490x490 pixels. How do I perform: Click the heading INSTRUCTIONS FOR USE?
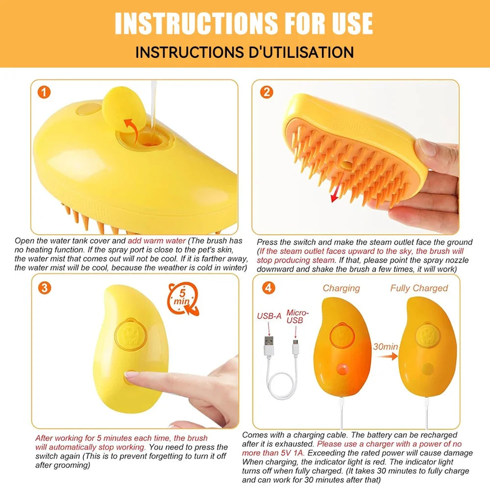click(x=244, y=23)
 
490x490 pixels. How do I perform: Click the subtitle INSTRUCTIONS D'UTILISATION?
click(x=244, y=52)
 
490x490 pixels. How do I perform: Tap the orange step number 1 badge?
click(x=44, y=92)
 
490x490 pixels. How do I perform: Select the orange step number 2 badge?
click(x=267, y=92)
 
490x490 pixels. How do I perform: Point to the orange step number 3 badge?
click(x=44, y=288)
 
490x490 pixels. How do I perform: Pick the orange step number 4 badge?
click(x=268, y=288)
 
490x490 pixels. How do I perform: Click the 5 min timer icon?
click(x=183, y=297)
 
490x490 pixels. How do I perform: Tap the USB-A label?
click(x=269, y=316)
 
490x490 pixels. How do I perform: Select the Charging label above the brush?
click(x=341, y=288)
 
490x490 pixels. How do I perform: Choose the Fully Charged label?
click(x=419, y=288)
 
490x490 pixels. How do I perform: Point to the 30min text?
click(x=385, y=346)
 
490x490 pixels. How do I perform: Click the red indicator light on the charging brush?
click(x=342, y=368)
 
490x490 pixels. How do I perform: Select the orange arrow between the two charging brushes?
click(x=390, y=356)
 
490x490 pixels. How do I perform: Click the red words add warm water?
click(x=157, y=241)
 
